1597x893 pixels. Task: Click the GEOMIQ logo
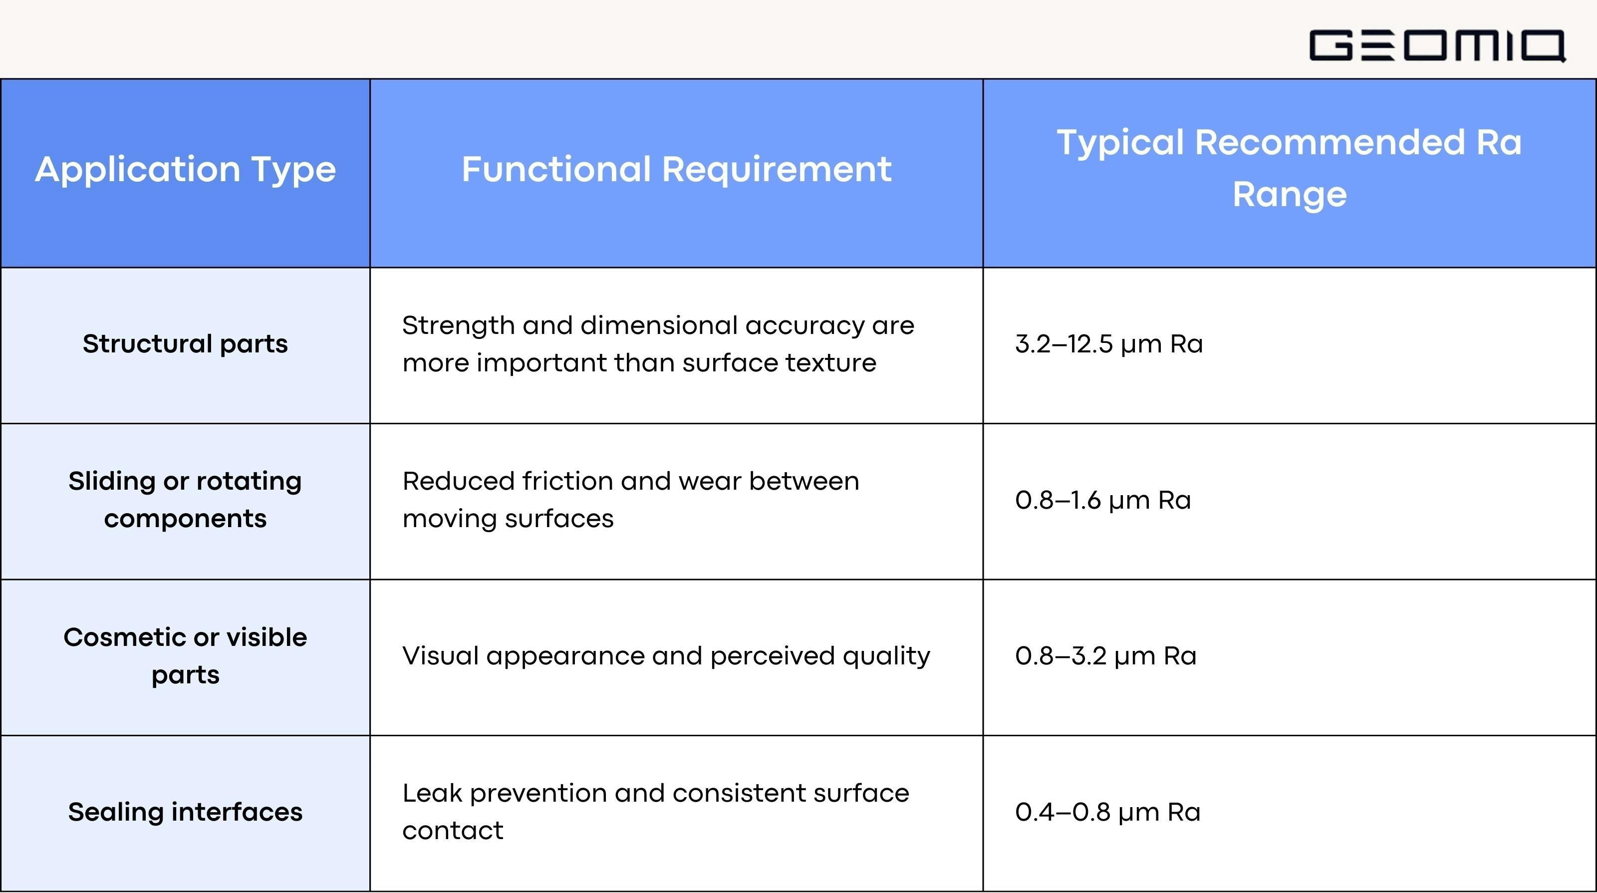pos(1437,45)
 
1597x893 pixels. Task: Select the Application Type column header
pos(185,169)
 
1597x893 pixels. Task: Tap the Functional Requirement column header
pos(676,169)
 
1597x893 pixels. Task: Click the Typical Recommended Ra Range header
pos(1290,168)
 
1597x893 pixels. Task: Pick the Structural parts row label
pos(185,343)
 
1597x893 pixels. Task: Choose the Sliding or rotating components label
pos(185,499)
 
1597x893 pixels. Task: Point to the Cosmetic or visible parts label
pos(185,655)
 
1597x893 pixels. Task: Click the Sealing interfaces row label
pos(185,812)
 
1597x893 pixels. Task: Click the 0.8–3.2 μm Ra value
pos(1105,656)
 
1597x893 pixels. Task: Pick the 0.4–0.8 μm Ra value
pos(1107,812)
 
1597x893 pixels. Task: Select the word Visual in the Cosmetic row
pos(440,656)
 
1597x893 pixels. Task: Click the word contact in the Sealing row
pos(453,831)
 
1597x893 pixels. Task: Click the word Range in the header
pos(1290,195)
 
